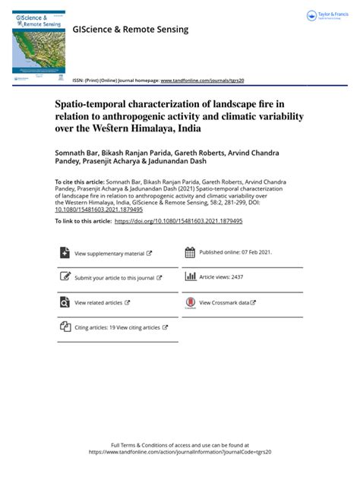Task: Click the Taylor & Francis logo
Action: pos(327,16)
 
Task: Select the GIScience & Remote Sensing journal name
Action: pos(130,30)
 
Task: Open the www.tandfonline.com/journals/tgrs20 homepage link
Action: pos(202,80)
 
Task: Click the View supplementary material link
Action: pos(109,253)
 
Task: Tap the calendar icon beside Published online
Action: pos(190,252)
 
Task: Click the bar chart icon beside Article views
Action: pos(191,277)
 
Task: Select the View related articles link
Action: pos(99,302)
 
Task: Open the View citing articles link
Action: pos(137,327)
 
